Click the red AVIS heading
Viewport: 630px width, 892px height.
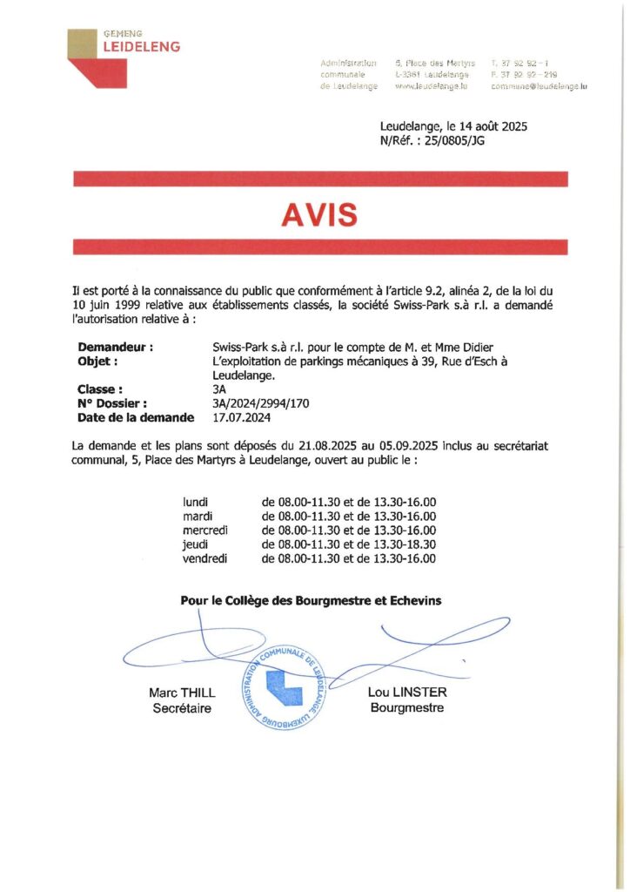click(319, 213)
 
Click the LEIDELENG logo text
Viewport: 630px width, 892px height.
click(142, 47)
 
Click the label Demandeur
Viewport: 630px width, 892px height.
click(116, 348)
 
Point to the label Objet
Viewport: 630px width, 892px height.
click(97, 362)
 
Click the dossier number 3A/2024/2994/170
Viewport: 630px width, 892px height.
click(261, 403)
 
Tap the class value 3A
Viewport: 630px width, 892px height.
click(219, 389)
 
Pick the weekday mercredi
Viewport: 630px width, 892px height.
click(204, 530)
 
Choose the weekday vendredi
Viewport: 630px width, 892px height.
click(204, 557)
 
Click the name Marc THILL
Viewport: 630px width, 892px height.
click(181, 693)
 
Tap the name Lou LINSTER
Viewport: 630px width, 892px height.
click(406, 693)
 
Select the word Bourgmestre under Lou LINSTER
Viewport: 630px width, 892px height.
click(406, 707)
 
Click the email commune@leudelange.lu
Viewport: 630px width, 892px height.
click(539, 86)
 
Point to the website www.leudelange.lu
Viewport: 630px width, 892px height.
click(432, 86)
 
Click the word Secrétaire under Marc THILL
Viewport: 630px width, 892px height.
click(182, 707)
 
